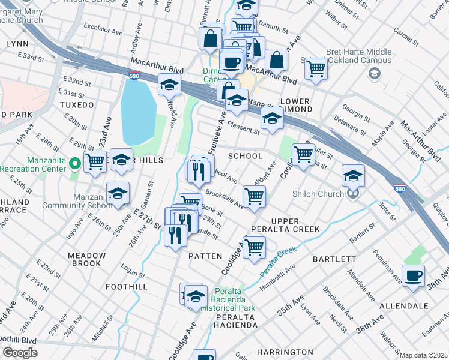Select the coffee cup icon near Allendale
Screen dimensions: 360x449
(413, 276)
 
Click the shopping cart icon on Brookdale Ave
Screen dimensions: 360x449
(255, 196)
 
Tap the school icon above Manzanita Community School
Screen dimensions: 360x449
(118, 193)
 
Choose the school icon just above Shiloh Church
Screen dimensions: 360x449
(353, 175)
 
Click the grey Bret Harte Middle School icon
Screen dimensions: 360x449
(375, 73)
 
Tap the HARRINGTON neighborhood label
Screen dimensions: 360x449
(285, 352)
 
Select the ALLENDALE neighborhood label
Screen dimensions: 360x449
(403, 305)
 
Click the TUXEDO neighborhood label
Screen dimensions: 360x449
(77, 105)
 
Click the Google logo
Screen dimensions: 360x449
(20, 352)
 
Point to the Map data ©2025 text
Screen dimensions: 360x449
(423, 355)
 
